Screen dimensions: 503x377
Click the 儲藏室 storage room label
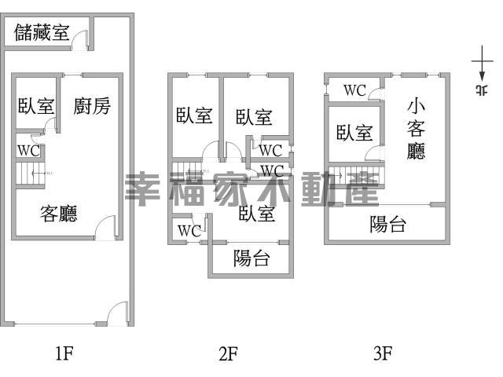tap(42, 32)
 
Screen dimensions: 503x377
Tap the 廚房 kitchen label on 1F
tap(92, 106)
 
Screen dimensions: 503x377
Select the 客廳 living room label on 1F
tap(59, 214)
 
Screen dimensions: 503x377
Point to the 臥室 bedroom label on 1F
tap(36, 106)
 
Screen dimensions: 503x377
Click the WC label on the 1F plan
tap(29, 151)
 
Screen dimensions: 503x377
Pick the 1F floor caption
tap(64, 353)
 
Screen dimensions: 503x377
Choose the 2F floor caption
tap(228, 353)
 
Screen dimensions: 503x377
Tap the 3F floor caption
tap(383, 353)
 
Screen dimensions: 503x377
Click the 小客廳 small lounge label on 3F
tap(416, 129)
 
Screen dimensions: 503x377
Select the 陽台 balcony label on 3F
tap(387, 224)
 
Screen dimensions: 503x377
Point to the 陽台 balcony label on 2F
tap(251, 258)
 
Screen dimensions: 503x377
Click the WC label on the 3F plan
tap(354, 90)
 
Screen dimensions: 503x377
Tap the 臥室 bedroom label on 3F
tap(354, 133)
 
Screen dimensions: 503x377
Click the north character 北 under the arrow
tap(482, 90)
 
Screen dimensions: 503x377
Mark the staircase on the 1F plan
tap(31, 174)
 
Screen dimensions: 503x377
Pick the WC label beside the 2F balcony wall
tap(189, 231)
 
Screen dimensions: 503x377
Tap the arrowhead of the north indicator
tap(482, 76)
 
